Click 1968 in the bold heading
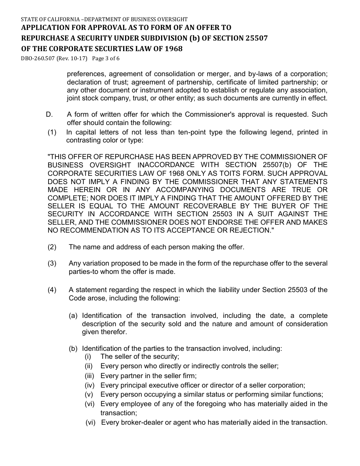[173, 48]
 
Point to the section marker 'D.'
[49, 114]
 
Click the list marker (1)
[52, 132]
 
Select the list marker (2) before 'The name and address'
[52, 247]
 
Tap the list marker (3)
[52, 263]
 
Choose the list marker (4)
[52, 290]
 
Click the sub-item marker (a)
[74, 316]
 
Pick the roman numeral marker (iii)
[90, 376]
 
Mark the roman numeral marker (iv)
[90, 385]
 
